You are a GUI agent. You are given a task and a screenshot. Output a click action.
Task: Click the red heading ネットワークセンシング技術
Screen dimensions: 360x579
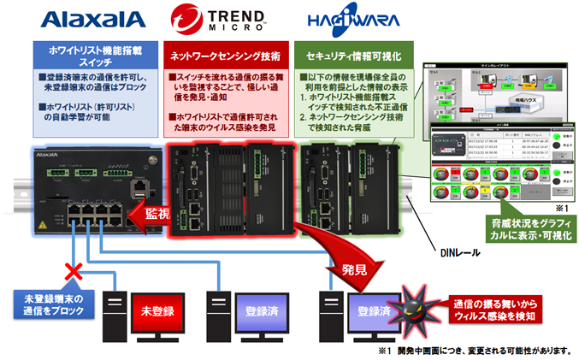(226, 56)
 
